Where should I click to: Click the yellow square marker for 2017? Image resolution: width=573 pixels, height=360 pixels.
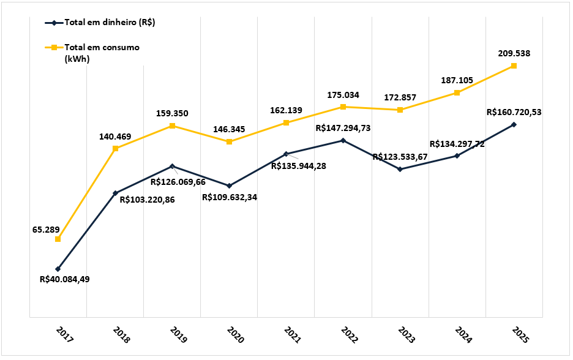58,239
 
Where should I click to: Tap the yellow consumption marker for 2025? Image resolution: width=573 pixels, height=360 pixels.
514,66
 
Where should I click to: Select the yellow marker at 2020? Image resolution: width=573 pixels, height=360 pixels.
229,142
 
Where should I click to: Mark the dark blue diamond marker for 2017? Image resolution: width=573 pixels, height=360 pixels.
58,269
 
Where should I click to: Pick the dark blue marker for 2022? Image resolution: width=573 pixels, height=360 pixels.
343,140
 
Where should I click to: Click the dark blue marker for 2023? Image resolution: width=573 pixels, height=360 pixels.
400,169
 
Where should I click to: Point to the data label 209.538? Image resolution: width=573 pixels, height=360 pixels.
514,53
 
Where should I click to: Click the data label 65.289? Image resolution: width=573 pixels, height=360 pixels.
46,230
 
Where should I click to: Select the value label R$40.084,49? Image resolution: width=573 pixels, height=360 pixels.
65,279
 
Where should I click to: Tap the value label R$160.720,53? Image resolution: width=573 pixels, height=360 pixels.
514,112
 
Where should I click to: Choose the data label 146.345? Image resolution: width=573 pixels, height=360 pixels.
229,130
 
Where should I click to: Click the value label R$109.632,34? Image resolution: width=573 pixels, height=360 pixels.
230,197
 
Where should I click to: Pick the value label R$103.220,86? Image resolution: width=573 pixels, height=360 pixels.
147,200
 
